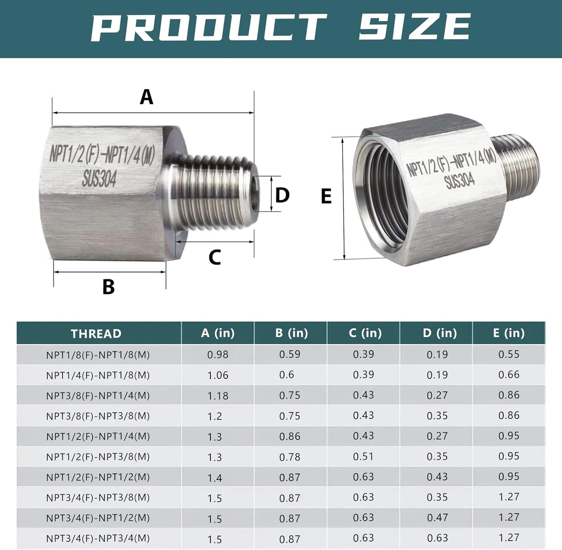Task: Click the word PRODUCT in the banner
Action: [208, 27]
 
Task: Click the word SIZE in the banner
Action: [414, 26]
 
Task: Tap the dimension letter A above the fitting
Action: [147, 97]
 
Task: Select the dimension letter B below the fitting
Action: [109, 287]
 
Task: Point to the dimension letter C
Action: [215, 257]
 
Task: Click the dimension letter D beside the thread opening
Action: [282, 195]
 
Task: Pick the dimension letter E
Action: [326, 196]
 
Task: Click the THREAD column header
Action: [96, 334]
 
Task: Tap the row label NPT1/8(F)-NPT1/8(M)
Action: [98, 355]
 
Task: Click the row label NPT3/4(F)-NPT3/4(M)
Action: [98, 539]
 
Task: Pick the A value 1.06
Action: [218, 375]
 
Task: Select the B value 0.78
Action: [290, 457]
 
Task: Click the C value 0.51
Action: [363, 456]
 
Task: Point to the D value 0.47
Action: [437, 518]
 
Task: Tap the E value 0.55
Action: [509, 354]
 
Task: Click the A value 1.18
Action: [218, 396]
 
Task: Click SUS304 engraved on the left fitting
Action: [99, 179]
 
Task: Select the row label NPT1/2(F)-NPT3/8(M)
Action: [98, 457]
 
